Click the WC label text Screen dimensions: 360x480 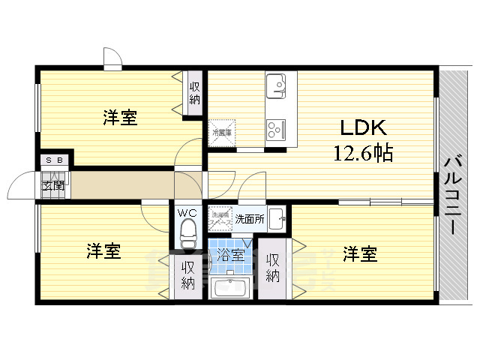tap(187, 212)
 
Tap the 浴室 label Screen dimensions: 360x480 tap(230, 255)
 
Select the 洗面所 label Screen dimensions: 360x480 tap(249, 220)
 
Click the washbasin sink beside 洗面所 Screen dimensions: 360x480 tap(277, 218)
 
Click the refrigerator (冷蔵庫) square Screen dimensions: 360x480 tap(222, 132)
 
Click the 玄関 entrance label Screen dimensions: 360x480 tap(52, 185)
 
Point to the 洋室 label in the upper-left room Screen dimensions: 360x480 tap(120, 118)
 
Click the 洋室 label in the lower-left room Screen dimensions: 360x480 tap(103, 251)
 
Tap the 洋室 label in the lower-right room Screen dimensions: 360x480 tap(361, 254)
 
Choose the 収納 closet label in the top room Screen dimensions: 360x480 tap(195, 92)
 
